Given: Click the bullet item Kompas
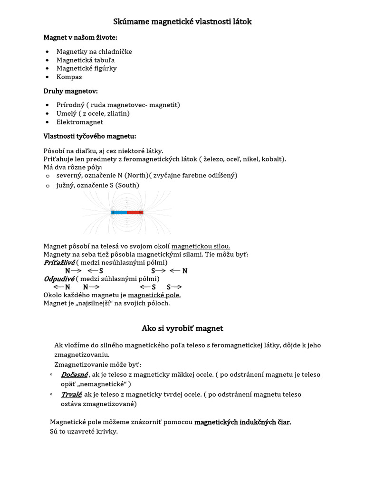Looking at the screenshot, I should (x=69, y=77).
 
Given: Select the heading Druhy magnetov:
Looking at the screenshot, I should (x=71, y=91).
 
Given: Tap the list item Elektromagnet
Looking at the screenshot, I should (x=79, y=122).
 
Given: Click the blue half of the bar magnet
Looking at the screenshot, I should (x=119, y=212).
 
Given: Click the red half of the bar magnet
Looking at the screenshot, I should (x=135, y=212).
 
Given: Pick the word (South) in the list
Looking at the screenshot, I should (x=128, y=186).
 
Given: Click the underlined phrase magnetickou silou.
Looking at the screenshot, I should (x=201, y=246).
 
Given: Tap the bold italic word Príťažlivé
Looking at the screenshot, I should (x=59, y=262).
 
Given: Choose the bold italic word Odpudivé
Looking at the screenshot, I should (x=58, y=279).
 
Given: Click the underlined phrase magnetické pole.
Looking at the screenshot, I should (x=154, y=295).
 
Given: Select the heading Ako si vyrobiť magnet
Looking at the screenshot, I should (x=182, y=328).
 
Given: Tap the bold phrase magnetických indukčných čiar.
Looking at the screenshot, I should (x=242, y=422).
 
